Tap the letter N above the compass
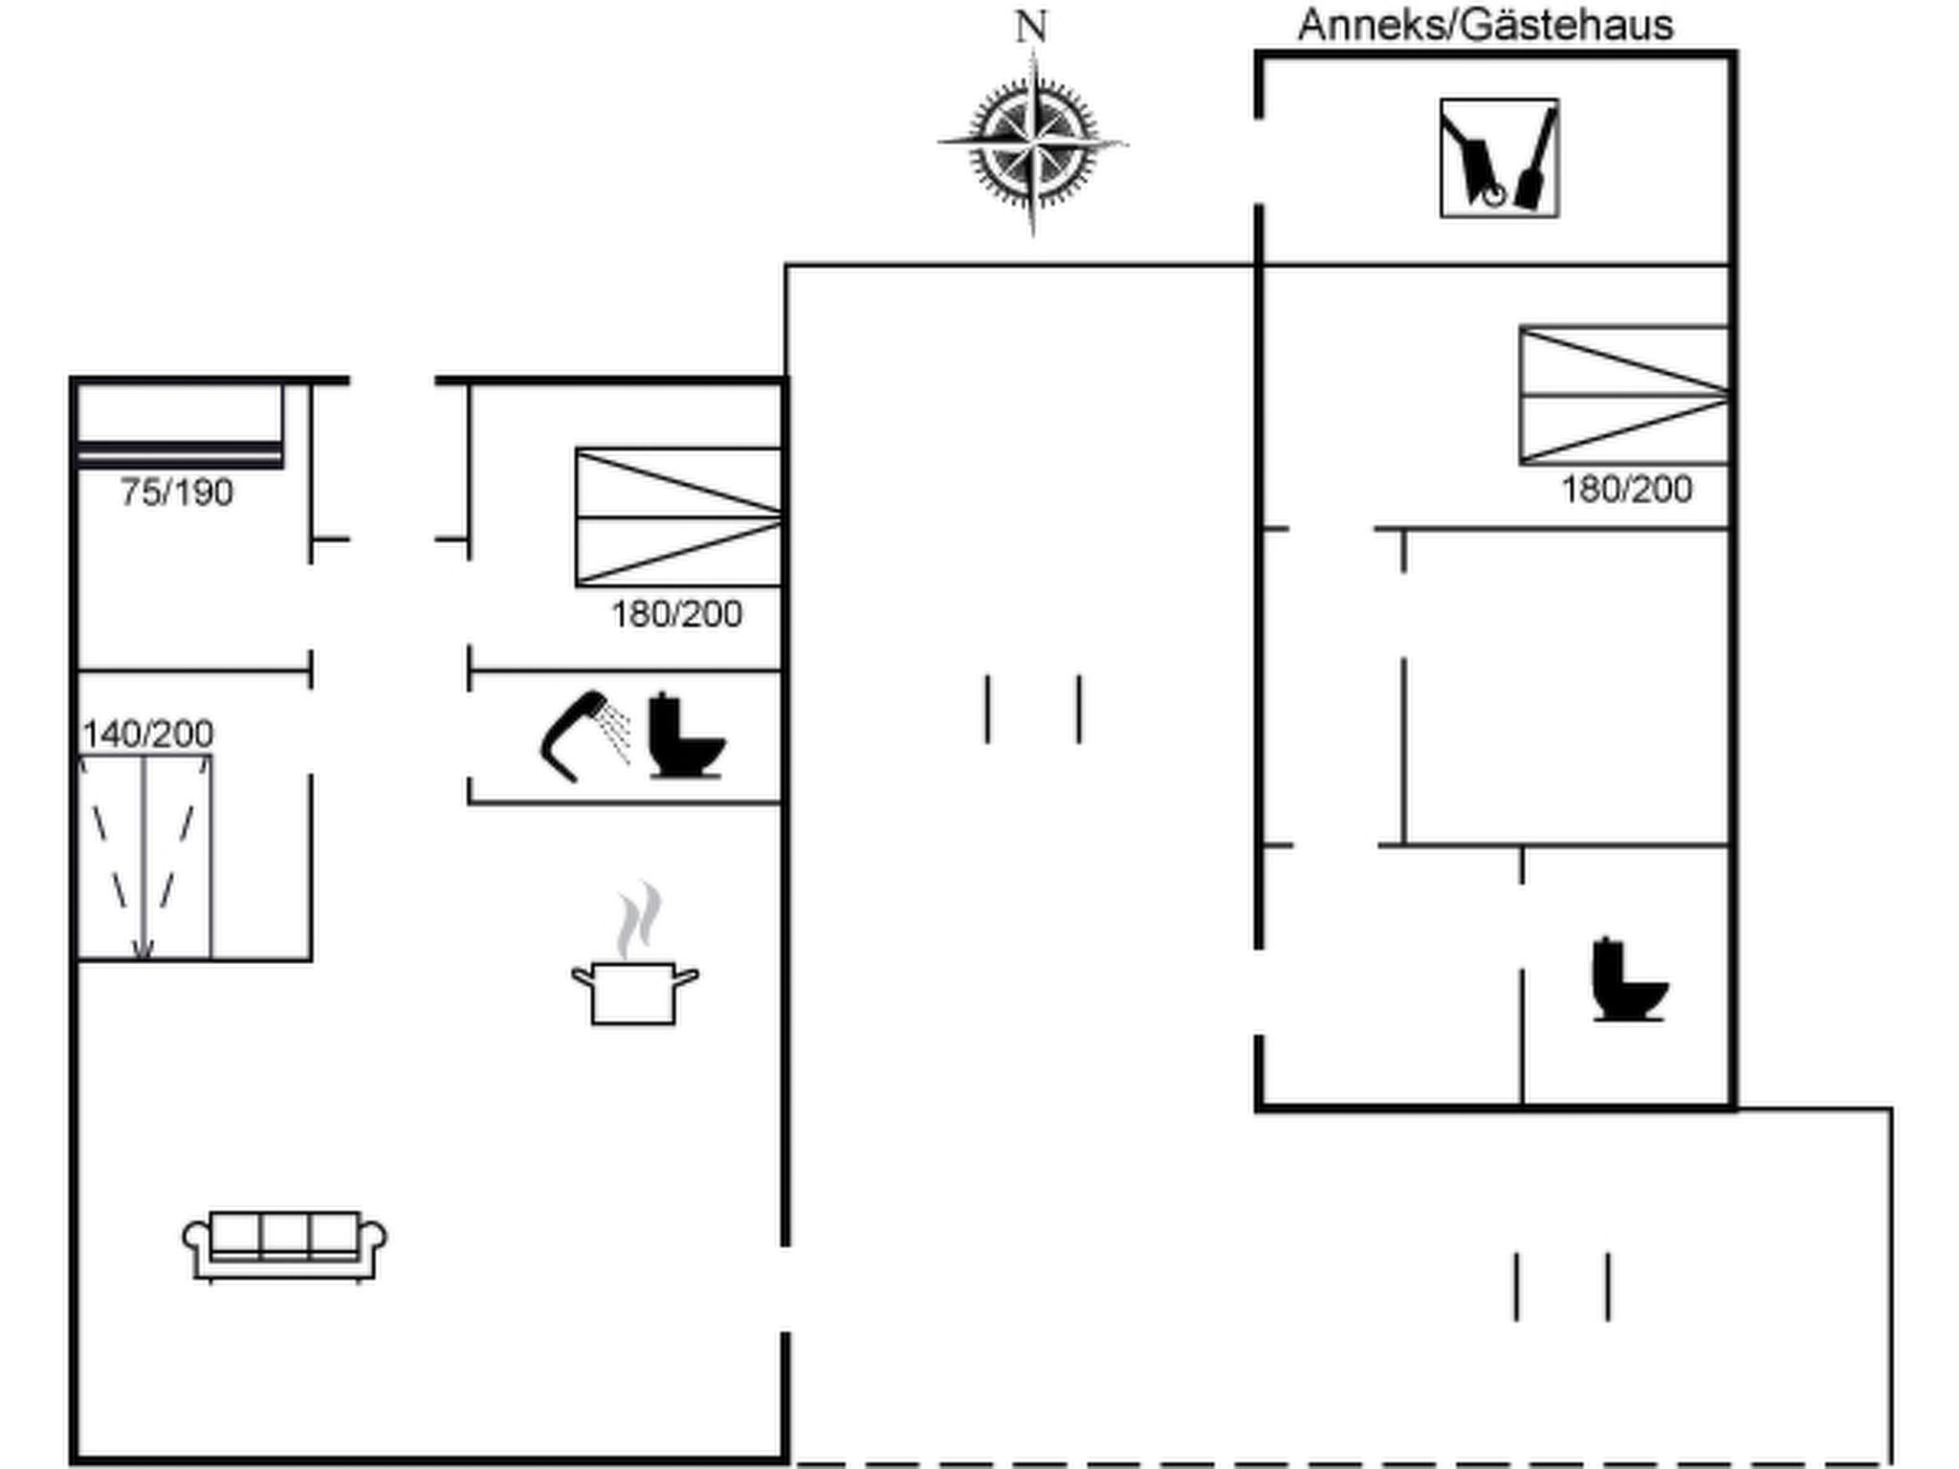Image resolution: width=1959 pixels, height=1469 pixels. click(x=1031, y=27)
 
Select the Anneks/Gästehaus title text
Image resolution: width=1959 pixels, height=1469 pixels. click(x=1486, y=25)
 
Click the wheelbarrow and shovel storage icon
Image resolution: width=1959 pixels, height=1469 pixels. click(x=1499, y=158)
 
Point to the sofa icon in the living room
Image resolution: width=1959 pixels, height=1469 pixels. click(x=285, y=1246)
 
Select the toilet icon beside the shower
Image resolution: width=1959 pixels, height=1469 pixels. click(x=686, y=735)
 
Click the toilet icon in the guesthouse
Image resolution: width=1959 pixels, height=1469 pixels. click(x=1629, y=979)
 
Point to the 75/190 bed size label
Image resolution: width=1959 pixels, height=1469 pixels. click(x=177, y=493)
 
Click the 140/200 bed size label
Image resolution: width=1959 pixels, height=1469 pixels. click(x=148, y=734)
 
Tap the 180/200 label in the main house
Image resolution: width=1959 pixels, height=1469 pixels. click(x=677, y=614)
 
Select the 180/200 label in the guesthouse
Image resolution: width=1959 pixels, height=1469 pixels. click(x=1627, y=490)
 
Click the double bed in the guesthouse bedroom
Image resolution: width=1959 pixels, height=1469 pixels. click(x=1624, y=395)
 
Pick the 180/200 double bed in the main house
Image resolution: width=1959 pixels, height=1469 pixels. click(x=679, y=517)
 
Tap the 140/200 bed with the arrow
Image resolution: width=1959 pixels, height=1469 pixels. click(x=144, y=857)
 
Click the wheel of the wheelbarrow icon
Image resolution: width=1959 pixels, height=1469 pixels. click(x=1494, y=195)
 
